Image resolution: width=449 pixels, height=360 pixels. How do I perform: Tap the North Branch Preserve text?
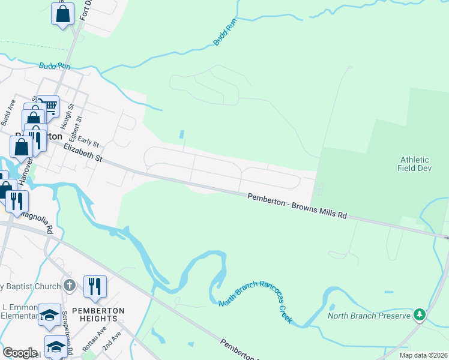(369, 315)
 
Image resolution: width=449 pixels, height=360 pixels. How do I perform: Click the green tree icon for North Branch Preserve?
(420, 314)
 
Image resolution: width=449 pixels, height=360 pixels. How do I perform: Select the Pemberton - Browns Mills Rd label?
(297, 205)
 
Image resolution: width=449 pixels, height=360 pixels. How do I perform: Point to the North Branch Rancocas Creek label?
(255, 302)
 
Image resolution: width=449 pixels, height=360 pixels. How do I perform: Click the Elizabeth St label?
(83, 153)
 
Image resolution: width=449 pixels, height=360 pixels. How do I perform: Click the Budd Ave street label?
(7, 112)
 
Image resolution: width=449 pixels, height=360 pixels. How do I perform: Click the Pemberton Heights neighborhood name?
(98, 315)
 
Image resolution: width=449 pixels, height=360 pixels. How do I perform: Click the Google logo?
(20, 352)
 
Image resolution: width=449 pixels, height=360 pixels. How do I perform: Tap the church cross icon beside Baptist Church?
(70, 286)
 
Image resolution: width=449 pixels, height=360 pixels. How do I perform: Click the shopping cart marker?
(49, 106)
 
